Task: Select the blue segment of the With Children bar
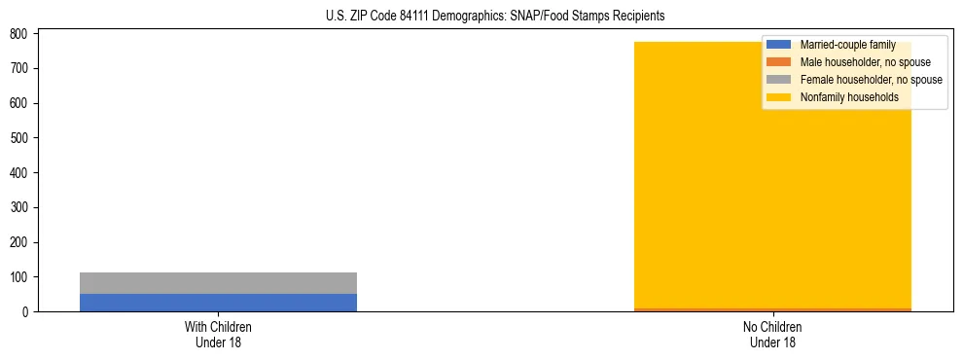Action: pos(218,303)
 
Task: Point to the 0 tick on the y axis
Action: pos(28,312)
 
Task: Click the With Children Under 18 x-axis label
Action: pos(218,334)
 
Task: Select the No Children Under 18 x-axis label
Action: pos(771,334)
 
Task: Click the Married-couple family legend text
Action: pos(847,45)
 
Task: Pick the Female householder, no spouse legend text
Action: pos(871,80)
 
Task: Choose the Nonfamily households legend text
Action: pos(849,97)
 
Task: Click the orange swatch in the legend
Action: pos(778,62)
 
